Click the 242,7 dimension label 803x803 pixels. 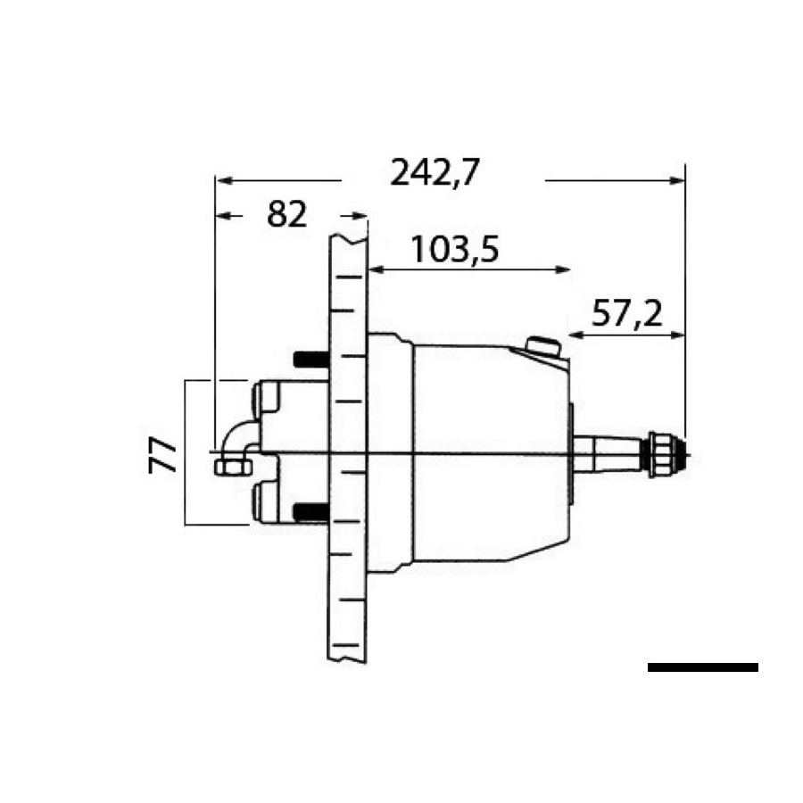click(x=435, y=172)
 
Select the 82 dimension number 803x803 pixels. click(x=286, y=214)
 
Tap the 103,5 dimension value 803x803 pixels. click(x=455, y=250)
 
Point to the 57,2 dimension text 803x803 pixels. click(x=627, y=313)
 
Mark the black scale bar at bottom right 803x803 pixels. click(x=703, y=667)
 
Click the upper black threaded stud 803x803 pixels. click(x=310, y=360)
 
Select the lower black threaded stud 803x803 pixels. click(x=310, y=512)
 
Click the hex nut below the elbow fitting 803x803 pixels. click(x=234, y=467)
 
